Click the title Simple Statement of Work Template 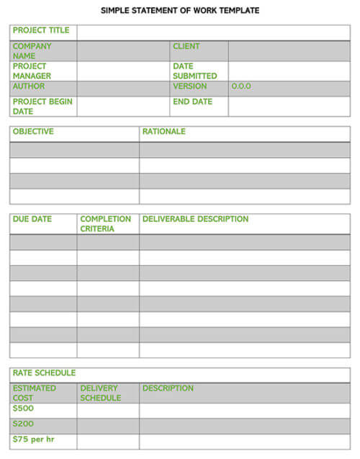click(x=180, y=11)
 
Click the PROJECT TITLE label click(x=41, y=31)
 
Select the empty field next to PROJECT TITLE click(x=213, y=32)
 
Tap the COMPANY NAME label click(x=32, y=51)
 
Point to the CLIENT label click(x=186, y=47)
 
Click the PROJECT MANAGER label click(x=32, y=71)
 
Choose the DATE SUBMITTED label click(x=194, y=71)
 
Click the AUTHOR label click(x=29, y=86)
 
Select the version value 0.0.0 click(x=241, y=86)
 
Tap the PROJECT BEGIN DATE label click(x=42, y=107)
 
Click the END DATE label click(x=192, y=102)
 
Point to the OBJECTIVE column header click(x=33, y=132)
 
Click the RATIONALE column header click(x=163, y=132)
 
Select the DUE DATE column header click(x=32, y=219)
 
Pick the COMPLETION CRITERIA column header click(x=105, y=223)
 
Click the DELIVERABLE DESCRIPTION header click(x=195, y=219)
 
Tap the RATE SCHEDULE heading click(x=44, y=373)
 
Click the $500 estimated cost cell click(x=23, y=409)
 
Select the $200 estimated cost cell click(x=23, y=424)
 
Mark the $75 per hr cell click(x=33, y=440)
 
